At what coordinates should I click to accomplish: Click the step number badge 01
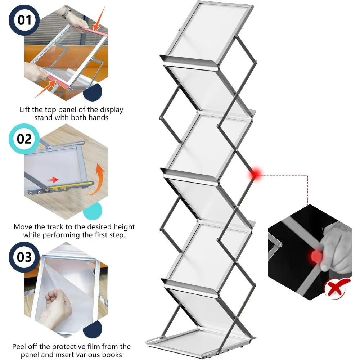(x=24, y=19)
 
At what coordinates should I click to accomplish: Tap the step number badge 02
(x=24, y=139)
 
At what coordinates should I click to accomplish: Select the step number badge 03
(x=24, y=257)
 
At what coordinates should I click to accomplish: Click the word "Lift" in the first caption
(x=26, y=109)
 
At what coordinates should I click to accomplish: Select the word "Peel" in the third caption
(x=20, y=347)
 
